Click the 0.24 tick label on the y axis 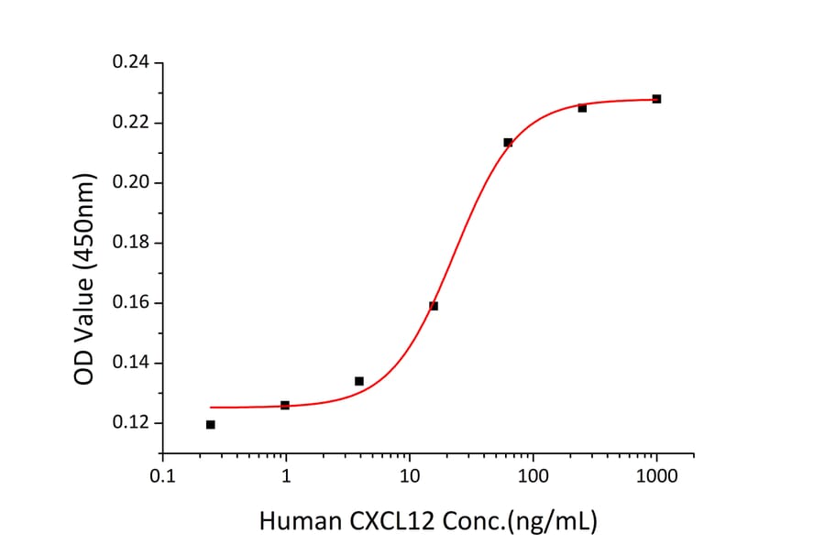click(x=131, y=63)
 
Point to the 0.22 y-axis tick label click(x=131, y=123)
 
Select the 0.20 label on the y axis click(x=131, y=183)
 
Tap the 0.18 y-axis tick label click(x=131, y=244)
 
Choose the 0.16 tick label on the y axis click(x=131, y=303)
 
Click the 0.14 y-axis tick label click(x=131, y=364)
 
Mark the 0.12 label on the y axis click(x=131, y=423)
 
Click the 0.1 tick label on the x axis click(x=163, y=476)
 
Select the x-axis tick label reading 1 click(x=287, y=476)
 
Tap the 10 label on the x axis click(x=410, y=476)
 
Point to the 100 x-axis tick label click(x=533, y=476)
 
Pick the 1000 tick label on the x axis click(x=656, y=476)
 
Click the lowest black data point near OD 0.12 click(x=211, y=425)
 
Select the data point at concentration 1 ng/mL click(x=285, y=405)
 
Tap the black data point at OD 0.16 click(x=434, y=306)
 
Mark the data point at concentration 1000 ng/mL click(x=656, y=99)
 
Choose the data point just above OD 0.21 click(x=508, y=143)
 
